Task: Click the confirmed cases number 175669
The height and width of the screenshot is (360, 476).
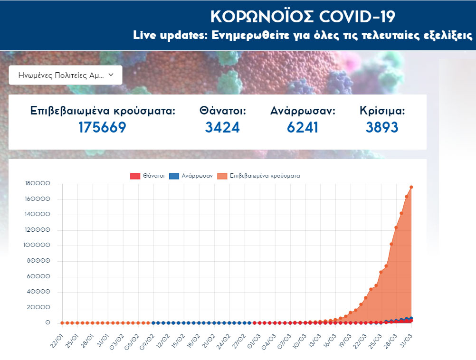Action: click(x=102, y=127)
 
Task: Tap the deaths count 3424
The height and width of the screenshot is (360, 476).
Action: click(x=222, y=127)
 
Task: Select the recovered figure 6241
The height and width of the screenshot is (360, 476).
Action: click(x=303, y=127)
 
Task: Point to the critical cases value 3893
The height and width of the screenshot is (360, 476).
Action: click(x=382, y=127)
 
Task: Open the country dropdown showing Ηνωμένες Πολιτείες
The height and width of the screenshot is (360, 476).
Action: click(x=66, y=75)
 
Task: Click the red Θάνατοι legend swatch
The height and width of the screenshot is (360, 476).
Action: click(x=135, y=176)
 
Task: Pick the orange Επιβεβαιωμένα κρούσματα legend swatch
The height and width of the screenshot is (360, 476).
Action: click(x=222, y=176)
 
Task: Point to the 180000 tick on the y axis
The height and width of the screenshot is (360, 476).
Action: click(x=40, y=184)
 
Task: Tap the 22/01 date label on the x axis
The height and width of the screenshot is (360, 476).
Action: click(x=59, y=341)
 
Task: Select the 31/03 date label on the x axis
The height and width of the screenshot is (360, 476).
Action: click(x=408, y=341)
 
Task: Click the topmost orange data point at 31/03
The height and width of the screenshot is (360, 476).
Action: click(x=411, y=187)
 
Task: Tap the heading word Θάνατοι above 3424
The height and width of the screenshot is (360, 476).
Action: click(x=222, y=111)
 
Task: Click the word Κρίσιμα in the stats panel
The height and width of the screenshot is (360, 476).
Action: click(x=382, y=111)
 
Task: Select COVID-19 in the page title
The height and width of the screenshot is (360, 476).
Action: click(x=357, y=17)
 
